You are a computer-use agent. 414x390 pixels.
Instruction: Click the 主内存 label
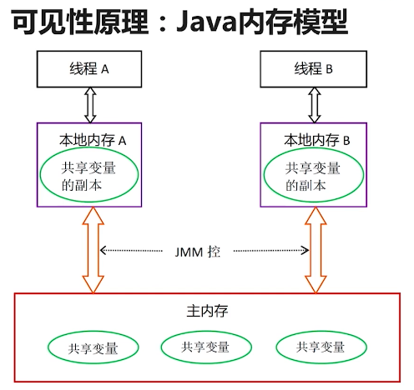click(x=207, y=311)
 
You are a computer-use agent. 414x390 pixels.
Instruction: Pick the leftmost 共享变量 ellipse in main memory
click(x=93, y=348)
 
